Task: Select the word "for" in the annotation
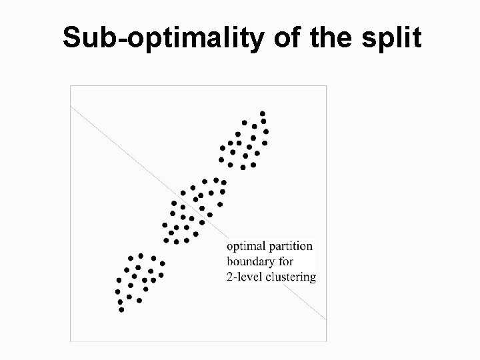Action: [x=285, y=261]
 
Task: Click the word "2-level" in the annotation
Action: [x=243, y=277]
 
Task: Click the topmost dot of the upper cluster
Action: [x=263, y=113]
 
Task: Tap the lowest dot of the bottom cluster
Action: [x=121, y=310]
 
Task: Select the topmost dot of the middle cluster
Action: [x=215, y=179]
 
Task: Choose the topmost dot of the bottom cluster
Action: [x=141, y=255]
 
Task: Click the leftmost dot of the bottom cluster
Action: [x=117, y=291]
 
